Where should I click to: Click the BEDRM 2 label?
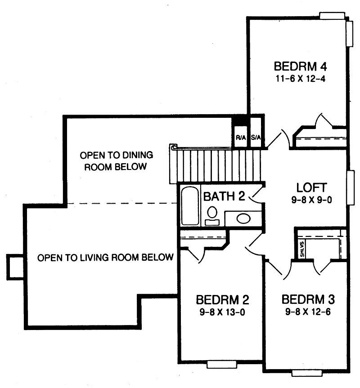pyautogui.click(x=222, y=300)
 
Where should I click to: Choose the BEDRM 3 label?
pyautogui.click(x=308, y=300)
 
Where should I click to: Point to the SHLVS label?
pyautogui.click(x=301, y=248)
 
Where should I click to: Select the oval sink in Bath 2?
pyautogui.click(x=243, y=219)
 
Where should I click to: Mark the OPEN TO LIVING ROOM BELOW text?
pyautogui.click(x=105, y=258)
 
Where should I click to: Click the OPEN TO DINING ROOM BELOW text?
pyautogui.click(x=116, y=161)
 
